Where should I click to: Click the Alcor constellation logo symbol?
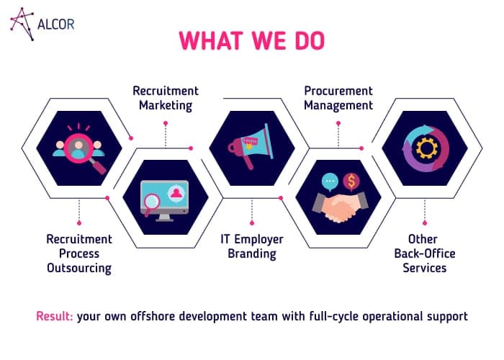pyautogui.click(x=22, y=24)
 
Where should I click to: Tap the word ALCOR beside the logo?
pyautogui.click(x=56, y=24)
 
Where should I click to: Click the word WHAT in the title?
pyautogui.click(x=211, y=40)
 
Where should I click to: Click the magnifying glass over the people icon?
pyautogui.click(x=85, y=153)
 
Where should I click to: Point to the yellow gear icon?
pyautogui.click(x=426, y=148)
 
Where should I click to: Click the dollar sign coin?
pyautogui.click(x=351, y=181)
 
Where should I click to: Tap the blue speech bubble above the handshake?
pyautogui.click(x=330, y=182)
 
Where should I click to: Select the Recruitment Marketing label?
pyautogui.click(x=166, y=98)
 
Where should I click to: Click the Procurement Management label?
pyautogui.click(x=338, y=98)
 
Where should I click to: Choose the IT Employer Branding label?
pyautogui.click(x=252, y=246)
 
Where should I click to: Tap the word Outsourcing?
pyautogui.click(x=79, y=268)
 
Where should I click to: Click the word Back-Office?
pyautogui.click(x=425, y=253)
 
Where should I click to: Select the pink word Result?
pyautogui.click(x=54, y=316)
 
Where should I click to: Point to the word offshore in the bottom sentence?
pyautogui.click(x=153, y=316)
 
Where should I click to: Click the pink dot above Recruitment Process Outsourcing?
pyautogui.click(x=79, y=222)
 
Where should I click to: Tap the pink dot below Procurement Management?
pyautogui.click(x=338, y=123)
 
